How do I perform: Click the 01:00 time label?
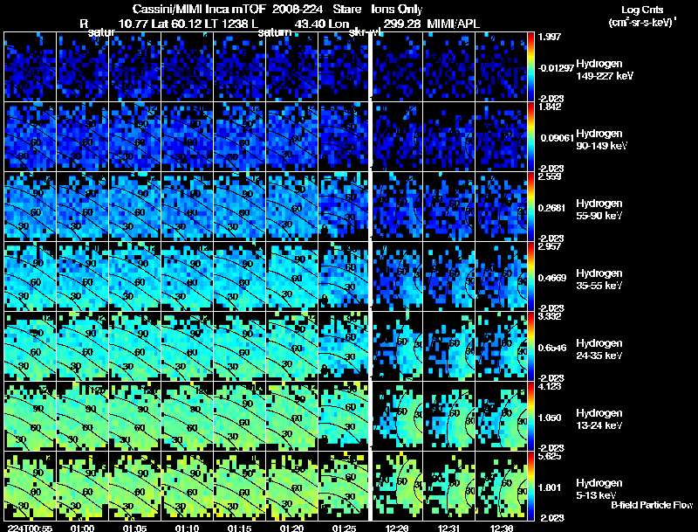[x=82, y=527]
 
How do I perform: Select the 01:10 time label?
[x=187, y=527]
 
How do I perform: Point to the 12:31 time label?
[x=451, y=527]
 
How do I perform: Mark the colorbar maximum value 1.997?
[x=550, y=36]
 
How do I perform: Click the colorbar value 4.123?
[x=550, y=385]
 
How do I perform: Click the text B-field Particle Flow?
[x=651, y=505]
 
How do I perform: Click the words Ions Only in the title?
[x=397, y=9]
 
